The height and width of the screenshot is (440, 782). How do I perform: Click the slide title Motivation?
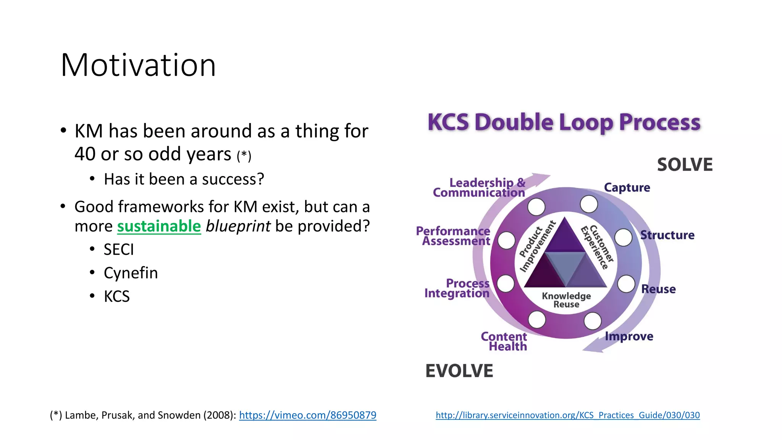[138, 65]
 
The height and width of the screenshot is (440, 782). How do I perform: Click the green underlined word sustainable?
[159, 226]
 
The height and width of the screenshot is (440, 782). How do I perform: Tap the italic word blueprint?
[238, 226]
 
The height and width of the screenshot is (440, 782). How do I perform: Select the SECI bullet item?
[119, 250]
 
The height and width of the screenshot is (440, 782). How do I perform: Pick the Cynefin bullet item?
[131, 273]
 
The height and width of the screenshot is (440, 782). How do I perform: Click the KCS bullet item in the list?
[116, 296]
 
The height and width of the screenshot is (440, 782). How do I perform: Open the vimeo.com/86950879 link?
[307, 415]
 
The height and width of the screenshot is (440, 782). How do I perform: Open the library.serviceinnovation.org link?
[567, 415]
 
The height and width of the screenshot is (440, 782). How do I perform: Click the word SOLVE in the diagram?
[685, 165]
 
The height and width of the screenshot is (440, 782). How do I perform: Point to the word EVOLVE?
[459, 371]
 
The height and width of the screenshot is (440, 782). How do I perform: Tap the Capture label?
[627, 188]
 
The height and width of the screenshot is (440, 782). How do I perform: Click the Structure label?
[667, 235]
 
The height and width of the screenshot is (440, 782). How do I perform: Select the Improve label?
[629, 336]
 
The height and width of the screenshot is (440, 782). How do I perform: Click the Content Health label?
[504, 341]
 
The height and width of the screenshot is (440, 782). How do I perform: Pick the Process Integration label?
[457, 288]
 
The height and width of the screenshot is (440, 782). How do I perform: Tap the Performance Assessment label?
[453, 236]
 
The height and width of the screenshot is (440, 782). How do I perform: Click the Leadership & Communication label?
[480, 188]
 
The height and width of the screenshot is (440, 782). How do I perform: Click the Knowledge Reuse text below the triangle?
[566, 300]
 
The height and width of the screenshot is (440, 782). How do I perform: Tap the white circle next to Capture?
[589, 204]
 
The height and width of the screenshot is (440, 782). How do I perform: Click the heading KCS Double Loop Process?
[564, 123]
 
